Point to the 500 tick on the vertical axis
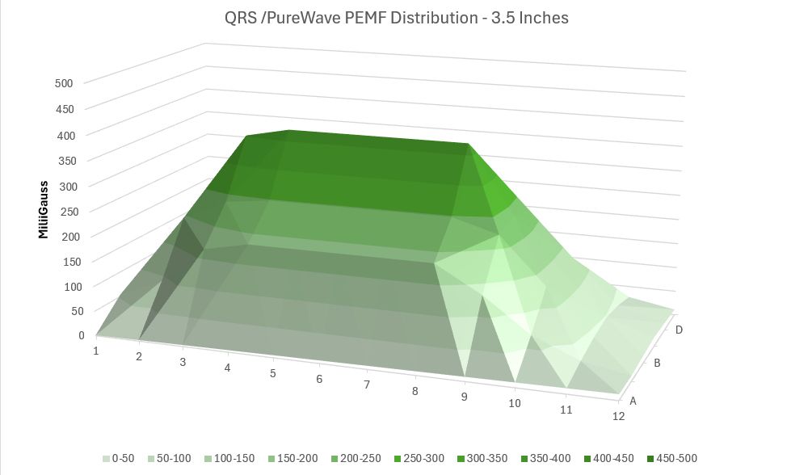(64, 82)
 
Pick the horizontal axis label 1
(95, 351)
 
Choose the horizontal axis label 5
(273, 373)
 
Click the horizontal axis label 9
(464, 396)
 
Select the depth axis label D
(680, 330)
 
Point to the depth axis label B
(657, 364)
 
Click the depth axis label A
(633, 400)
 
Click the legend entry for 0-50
(118, 458)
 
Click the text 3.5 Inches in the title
(527, 18)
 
